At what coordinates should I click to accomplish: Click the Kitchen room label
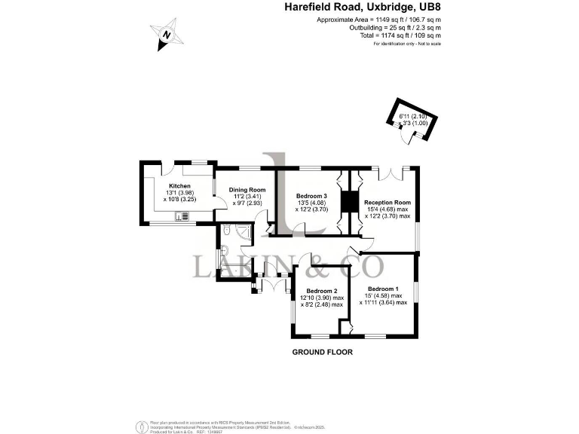click(x=179, y=185)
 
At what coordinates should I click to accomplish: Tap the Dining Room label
click(x=247, y=189)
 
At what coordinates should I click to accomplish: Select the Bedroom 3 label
click(x=312, y=196)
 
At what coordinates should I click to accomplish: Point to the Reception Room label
click(x=387, y=202)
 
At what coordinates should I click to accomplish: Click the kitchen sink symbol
click(x=181, y=217)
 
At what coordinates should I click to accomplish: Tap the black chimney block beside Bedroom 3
click(x=348, y=203)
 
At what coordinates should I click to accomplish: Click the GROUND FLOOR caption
click(x=322, y=352)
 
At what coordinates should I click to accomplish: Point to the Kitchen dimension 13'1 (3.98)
click(x=179, y=193)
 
